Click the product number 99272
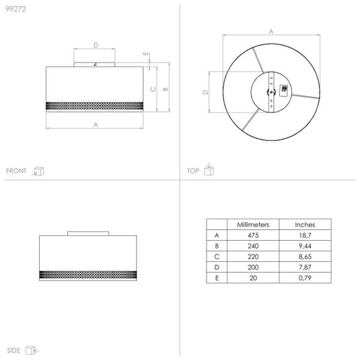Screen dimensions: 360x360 pos(15,9)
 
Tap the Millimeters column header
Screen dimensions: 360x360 pos(253,225)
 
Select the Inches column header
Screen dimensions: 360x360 pos(305,225)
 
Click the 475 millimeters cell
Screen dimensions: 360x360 pos(253,236)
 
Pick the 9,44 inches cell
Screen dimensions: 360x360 pos(305,246)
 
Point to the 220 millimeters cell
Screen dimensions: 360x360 pos(253,256)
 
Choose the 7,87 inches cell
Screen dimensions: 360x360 pos(305,267)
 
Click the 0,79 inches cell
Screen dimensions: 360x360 pos(305,278)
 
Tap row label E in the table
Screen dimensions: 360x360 pos(217,278)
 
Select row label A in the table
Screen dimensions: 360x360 pos(217,236)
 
